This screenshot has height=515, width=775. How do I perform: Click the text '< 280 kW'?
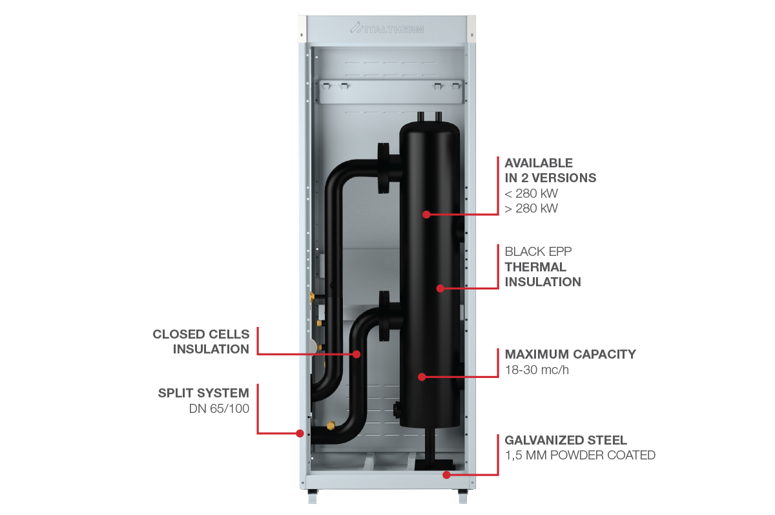pyautogui.click(x=531, y=193)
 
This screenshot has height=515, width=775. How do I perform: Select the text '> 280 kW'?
pyautogui.click(x=531, y=208)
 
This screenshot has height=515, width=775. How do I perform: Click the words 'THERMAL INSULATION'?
pyautogui.click(x=542, y=274)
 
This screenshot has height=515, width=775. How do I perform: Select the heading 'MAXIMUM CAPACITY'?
pyautogui.click(x=570, y=354)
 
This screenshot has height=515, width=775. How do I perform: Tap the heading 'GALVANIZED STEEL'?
pyautogui.click(x=566, y=440)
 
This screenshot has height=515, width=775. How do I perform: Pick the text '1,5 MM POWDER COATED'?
pyautogui.click(x=580, y=456)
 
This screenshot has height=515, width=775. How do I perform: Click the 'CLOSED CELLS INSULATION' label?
pyautogui.click(x=201, y=341)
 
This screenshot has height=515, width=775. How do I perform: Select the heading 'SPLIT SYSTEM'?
pyautogui.click(x=203, y=392)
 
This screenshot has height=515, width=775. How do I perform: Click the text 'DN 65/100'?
pyautogui.click(x=219, y=408)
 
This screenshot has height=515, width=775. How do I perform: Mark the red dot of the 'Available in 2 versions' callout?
pyautogui.click(x=426, y=214)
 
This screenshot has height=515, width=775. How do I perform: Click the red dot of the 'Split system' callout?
pyautogui.click(x=300, y=433)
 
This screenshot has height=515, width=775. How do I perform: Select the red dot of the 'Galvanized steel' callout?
pyautogui.click(x=446, y=475)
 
